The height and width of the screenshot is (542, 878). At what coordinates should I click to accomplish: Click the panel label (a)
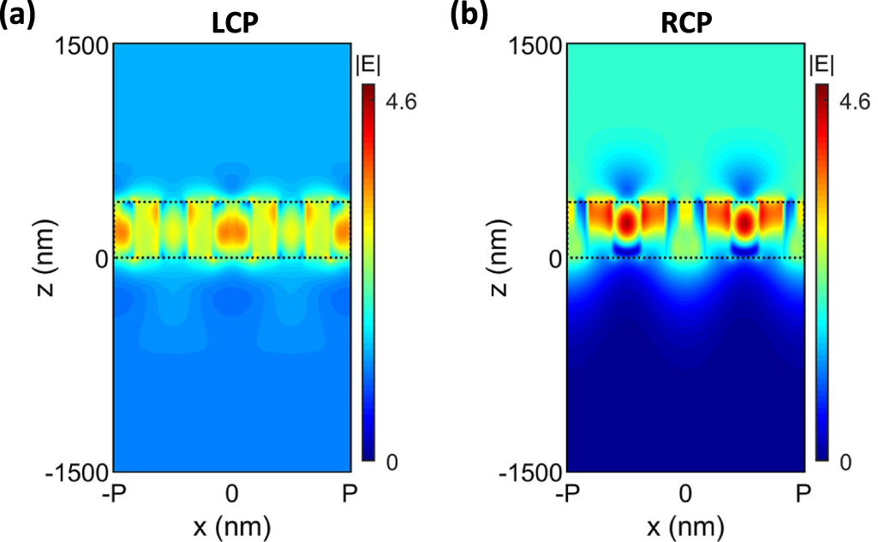point(17,15)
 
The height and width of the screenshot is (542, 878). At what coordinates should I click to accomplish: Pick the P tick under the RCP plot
point(803,493)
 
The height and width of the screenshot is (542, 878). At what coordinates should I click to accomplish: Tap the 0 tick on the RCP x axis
point(684,493)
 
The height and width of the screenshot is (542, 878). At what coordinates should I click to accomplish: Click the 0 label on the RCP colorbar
point(845,462)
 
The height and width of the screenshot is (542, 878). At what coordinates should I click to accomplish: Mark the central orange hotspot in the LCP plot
point(231,229)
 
